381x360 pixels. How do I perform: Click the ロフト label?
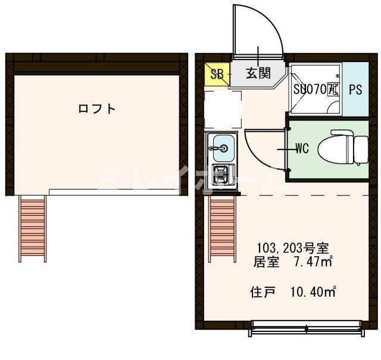[x=96, y=109]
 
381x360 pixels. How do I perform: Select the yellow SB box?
[x=217, y=75]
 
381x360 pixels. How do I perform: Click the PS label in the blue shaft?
[x=355, y=91]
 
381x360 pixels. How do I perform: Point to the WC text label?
[x=301, y=149]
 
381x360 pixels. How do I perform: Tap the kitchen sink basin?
[x=223, y=144]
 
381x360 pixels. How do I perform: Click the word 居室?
[x=266, y=262]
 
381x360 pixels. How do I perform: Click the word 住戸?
[x=261, y=292]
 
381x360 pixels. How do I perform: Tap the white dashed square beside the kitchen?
[x=223, y=109]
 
